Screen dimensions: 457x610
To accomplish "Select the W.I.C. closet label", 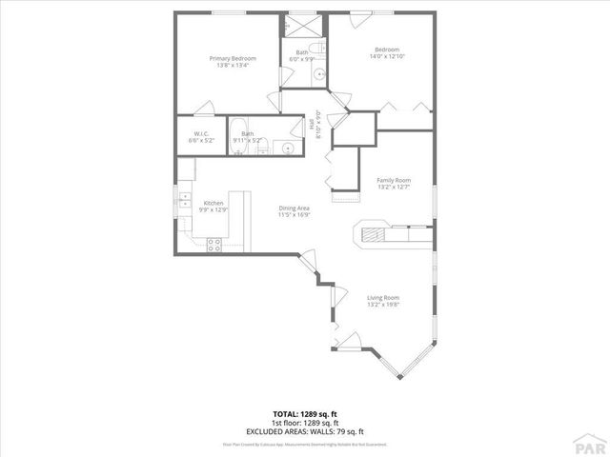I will (201, 133).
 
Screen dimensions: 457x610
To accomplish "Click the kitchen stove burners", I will (214, 244).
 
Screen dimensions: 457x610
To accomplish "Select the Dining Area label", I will (294, 209).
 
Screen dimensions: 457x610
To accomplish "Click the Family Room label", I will (394, 180).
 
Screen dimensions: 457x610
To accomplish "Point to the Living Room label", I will (383, 298).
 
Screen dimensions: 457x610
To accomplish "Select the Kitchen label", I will (214, 203).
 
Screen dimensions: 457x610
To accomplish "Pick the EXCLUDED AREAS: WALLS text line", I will (305, 430).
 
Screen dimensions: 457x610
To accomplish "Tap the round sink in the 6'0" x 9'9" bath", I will (319, 71).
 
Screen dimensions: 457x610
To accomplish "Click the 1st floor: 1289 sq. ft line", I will (305, 423).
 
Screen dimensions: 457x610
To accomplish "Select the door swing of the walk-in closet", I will (202, 108).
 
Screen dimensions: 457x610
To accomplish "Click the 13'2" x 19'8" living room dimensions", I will (383, 306).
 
